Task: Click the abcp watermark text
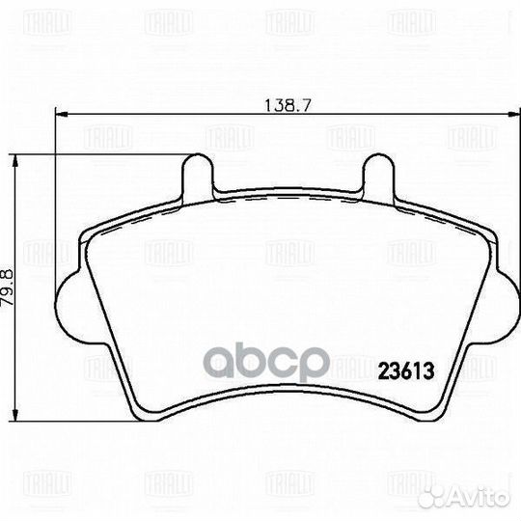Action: (260, 365)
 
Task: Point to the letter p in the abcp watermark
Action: (315, 367)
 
